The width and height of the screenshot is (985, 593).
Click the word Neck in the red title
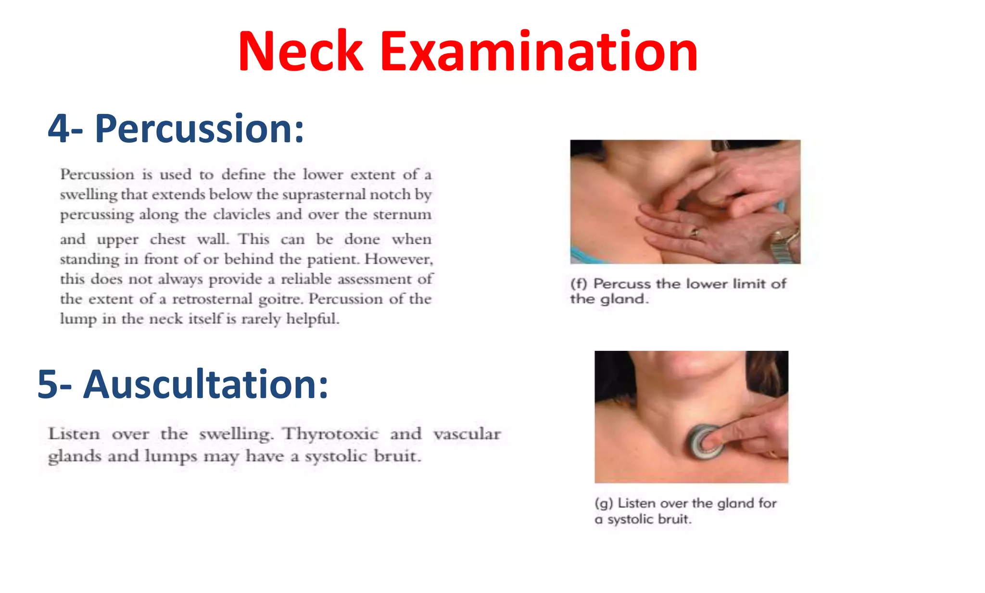(300, 52)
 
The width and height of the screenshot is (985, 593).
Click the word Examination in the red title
(539, 52)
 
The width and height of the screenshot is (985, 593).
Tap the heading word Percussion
(199, 129)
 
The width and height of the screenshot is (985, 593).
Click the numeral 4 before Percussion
(59, 129)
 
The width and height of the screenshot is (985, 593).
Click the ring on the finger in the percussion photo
(695, 234)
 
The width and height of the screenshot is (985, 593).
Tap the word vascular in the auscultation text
(467, 434)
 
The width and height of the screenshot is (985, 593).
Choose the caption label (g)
(604, 503)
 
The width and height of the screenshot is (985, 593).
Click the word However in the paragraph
(398, 259)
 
